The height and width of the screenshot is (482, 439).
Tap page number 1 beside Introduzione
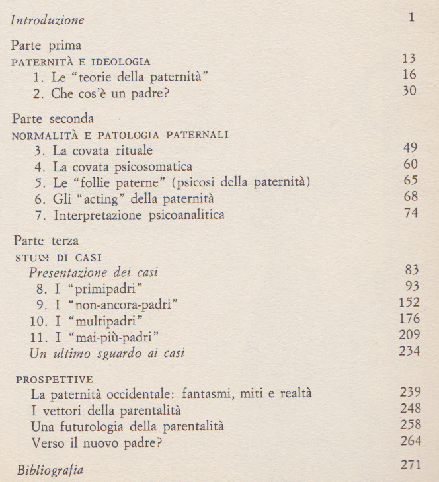pyautogui.click(x=412, y=17)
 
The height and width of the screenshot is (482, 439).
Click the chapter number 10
pyautogui.click(x=39, y=321)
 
